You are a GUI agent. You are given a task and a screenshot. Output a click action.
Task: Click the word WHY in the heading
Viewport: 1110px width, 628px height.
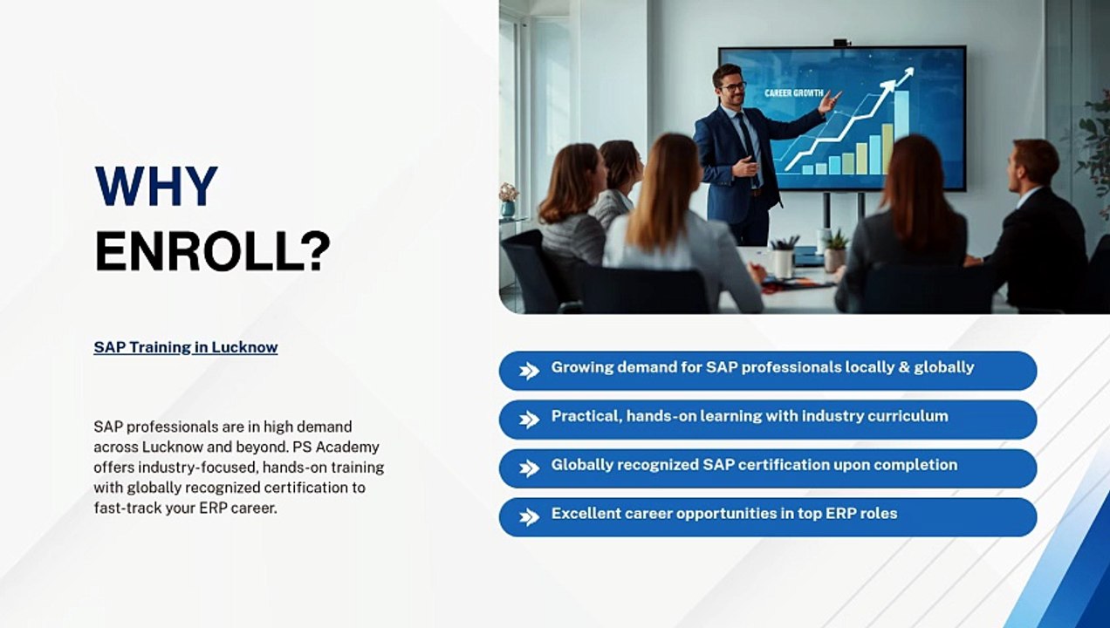tap(156, 187)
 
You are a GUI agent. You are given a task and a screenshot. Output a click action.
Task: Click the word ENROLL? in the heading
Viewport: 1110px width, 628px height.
tap(212, 250)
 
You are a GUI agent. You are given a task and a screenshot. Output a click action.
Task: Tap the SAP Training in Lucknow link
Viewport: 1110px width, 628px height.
tap(186, 347)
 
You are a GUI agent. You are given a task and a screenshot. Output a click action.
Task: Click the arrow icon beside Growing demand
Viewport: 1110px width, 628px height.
tap(529, 371)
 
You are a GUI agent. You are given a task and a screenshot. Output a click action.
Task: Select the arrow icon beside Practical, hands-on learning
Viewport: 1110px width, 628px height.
tap(529, 420)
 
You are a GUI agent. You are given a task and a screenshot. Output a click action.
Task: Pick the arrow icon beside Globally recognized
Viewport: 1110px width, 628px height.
tap(529, 468)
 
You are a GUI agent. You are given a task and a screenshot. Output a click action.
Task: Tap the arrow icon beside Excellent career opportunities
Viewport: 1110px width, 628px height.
tap(529, 517)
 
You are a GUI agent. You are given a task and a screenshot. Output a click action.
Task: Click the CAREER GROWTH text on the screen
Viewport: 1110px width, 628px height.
tap(794, 93)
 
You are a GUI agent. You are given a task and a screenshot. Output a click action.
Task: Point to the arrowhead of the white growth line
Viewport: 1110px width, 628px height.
tap(908, 73)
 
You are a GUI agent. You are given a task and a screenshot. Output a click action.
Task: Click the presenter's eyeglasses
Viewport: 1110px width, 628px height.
tap(732, 87)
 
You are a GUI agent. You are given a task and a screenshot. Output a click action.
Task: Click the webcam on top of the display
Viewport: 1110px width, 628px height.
tap(841, 43)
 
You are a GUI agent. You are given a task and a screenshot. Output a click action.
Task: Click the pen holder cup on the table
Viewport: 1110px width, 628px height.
tap(783, 262)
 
